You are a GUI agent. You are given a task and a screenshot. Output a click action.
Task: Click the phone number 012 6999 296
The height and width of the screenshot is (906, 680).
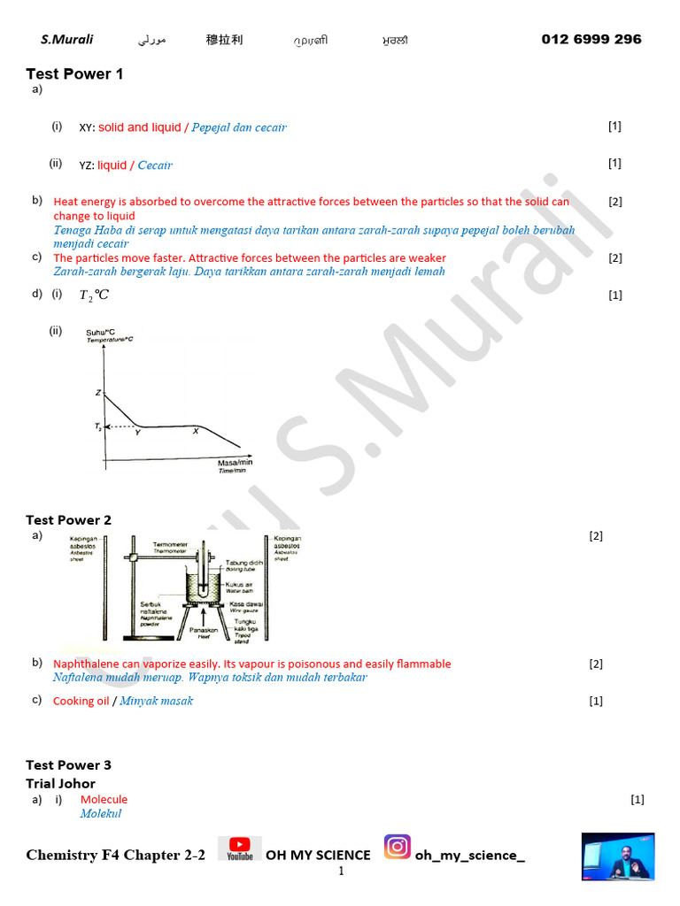point(591,39)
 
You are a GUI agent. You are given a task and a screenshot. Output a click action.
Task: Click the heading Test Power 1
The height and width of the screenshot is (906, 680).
point(74,74)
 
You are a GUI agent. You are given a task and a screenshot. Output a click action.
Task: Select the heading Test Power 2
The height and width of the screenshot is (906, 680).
point(68,520)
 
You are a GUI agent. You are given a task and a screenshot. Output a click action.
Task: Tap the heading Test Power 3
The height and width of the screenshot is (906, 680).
point(68,765)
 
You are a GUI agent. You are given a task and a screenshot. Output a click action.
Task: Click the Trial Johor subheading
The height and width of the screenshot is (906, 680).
point(60,784)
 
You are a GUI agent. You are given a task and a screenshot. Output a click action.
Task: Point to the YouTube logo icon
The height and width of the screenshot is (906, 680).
point(239,849)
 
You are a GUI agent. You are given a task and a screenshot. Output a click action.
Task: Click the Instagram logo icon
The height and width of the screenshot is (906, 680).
point(398,848)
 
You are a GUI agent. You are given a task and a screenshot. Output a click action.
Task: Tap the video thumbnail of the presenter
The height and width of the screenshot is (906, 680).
point(618,856)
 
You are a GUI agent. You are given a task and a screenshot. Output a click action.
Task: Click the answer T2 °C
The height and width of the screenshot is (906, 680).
point(94,296)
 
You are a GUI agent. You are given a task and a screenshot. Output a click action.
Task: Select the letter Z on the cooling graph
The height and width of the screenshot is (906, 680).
point(98,392)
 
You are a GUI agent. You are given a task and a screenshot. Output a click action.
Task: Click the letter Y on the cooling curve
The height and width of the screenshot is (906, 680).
point(137,433)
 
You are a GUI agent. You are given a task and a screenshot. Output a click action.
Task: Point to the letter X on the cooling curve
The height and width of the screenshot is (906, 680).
point(196,431)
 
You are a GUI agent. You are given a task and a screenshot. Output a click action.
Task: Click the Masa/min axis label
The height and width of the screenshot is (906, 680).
point(235,463)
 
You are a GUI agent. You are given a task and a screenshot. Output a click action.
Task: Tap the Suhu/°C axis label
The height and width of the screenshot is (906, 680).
point(101,333)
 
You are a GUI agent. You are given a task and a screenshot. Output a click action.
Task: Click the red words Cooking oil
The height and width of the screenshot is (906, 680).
point(81,702)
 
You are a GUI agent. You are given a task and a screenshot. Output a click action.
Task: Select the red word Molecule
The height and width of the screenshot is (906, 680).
point(104,800)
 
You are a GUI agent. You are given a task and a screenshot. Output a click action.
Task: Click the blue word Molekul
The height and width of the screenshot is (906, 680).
point(100,814)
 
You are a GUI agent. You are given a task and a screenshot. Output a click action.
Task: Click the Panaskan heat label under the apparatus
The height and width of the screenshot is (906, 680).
point(204,629)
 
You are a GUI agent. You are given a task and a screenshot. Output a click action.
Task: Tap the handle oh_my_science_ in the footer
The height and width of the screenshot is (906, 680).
point(469,856)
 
